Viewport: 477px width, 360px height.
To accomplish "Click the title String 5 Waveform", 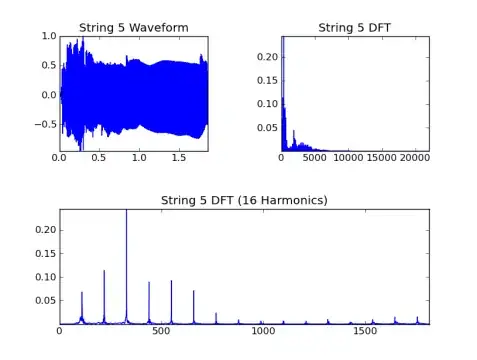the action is (134, 28).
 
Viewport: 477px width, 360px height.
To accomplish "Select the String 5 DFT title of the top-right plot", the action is (354, 28).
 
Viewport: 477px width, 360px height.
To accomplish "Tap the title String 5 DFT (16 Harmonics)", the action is (244, 200).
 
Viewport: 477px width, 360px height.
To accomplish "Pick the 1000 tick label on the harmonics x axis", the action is (263, 331).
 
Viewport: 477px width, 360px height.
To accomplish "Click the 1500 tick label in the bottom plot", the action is (365, 331).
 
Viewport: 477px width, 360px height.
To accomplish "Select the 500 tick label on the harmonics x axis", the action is (161, 331).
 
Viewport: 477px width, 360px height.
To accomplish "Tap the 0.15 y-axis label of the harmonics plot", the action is (46, 254).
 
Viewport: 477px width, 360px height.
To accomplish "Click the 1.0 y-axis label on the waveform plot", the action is (49, 36).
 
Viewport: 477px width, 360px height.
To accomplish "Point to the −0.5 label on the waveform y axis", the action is (46, 125).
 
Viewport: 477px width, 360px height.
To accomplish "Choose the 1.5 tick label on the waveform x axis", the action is (179, 157).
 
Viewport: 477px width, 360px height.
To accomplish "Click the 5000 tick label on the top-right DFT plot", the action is (315, 157).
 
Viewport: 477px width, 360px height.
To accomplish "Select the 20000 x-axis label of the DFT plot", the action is (415, 157).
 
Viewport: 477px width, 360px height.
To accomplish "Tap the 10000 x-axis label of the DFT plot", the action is (348, 157).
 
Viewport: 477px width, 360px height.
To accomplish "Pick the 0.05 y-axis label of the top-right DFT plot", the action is (267, 128).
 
